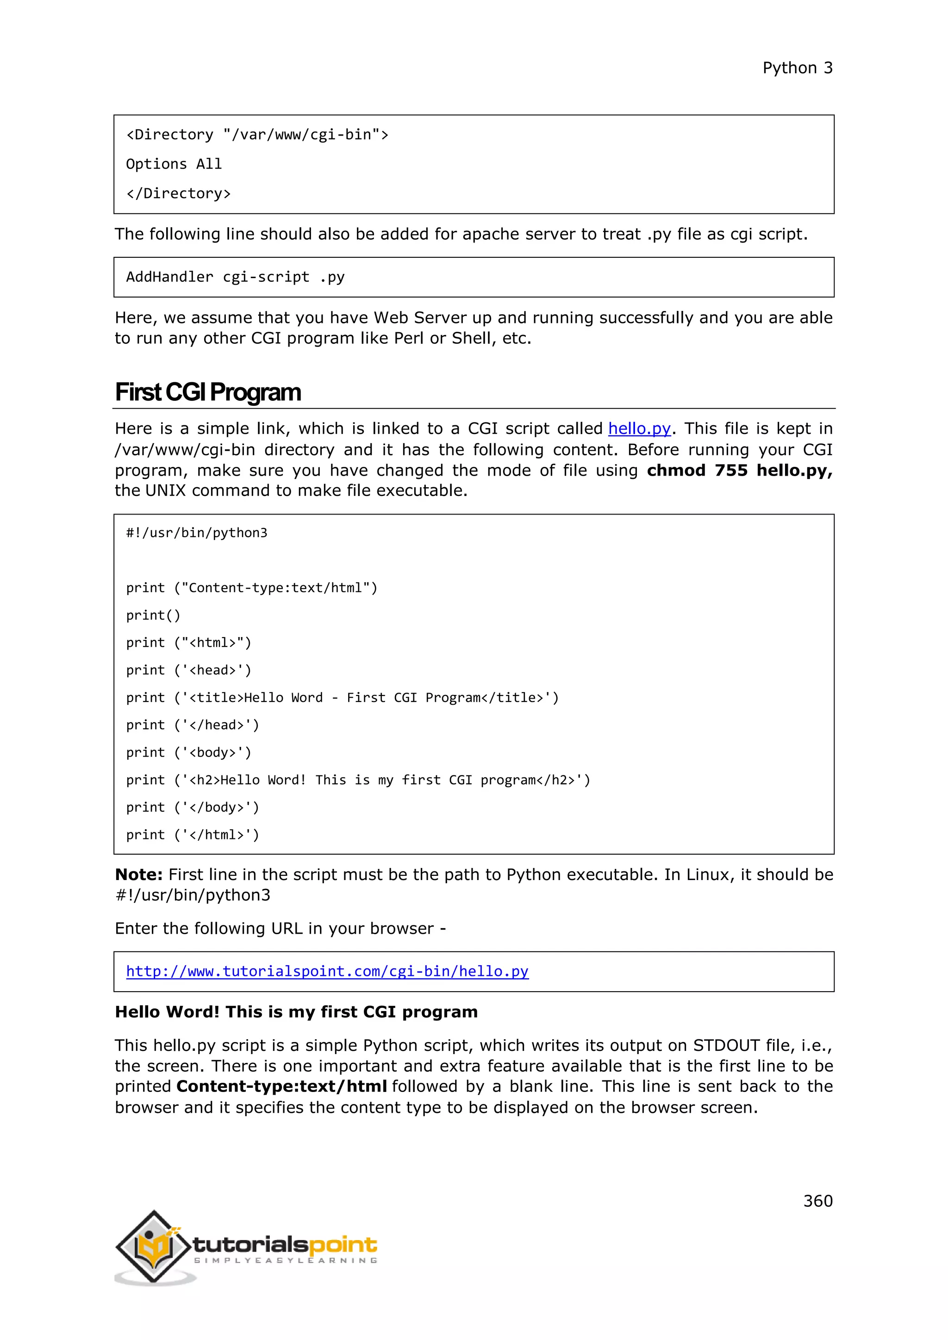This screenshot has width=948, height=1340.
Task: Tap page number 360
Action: click(817, 1201)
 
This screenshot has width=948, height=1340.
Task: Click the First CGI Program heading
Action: click(208, 392)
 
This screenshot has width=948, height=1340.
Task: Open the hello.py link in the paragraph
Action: click(639, 428)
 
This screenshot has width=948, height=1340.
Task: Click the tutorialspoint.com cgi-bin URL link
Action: click(327, 971)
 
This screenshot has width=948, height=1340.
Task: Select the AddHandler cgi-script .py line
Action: click(235, 277)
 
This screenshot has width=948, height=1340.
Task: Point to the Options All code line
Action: click(174, 164)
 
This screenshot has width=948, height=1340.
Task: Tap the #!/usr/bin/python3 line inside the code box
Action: click(197, 533)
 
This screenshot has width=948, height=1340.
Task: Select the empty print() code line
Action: click(153, 615)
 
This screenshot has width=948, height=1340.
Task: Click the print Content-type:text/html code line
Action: click(252, 588)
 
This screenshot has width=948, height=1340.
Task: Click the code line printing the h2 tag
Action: click(358, 780)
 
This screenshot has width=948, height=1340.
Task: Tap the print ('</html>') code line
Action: click(192, 835)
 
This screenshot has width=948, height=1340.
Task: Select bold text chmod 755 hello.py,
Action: click(739, 471)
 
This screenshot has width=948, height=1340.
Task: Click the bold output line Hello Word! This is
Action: click(296, 1011)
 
